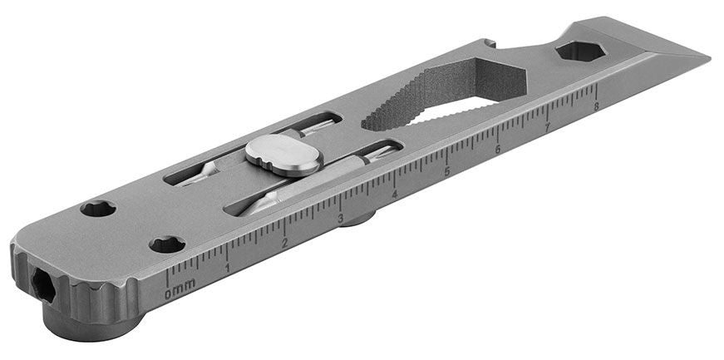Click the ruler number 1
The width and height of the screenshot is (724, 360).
coord(227,268)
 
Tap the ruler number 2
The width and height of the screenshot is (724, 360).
coord(285,243)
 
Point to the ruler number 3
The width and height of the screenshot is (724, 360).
coord(340,218)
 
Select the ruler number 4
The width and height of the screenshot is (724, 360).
coord(394,195)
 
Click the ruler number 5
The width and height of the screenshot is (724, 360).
coord(447,171)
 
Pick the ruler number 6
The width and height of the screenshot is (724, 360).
coord(498,150)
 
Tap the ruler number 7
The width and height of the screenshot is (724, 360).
coord(548,127)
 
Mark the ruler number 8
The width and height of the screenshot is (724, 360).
coord(596,106)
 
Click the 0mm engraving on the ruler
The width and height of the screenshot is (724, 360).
coord(180,288)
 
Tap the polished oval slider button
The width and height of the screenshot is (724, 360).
coord(283,155)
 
